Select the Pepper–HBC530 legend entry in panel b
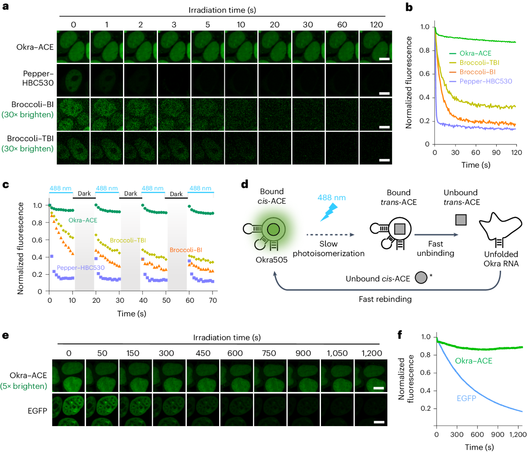485,81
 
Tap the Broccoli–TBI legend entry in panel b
479,63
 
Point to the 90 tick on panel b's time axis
496,153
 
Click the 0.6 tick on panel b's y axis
424,74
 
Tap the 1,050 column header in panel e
337,353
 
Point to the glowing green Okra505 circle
273,229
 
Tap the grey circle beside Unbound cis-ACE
421,279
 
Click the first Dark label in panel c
84,194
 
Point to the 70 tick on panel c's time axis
213,301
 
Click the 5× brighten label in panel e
29,386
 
